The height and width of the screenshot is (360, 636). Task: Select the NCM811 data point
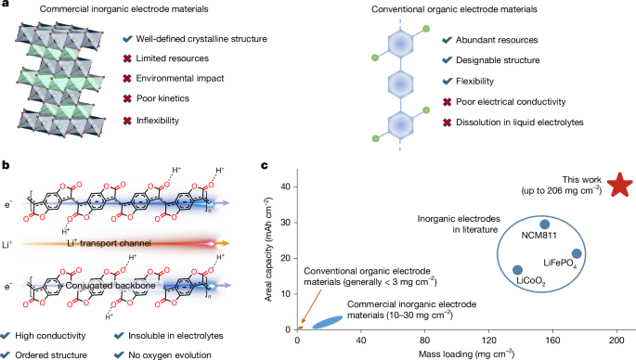click(x=545, y=224)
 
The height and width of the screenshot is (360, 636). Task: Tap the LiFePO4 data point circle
click(x=577, y=253)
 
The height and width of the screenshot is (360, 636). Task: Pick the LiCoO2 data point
click(x=517, y=270)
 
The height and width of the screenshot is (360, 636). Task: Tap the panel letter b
click(x=7, y=166)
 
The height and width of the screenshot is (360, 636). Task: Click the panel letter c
click(x=266, y=166)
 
